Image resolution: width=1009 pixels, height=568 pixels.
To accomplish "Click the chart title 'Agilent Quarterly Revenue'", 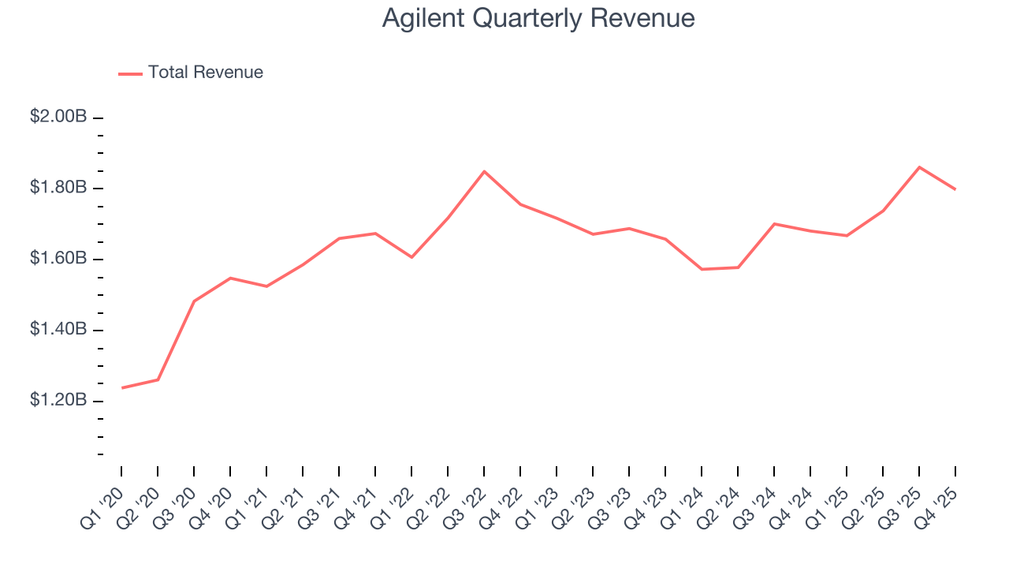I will (538, 18).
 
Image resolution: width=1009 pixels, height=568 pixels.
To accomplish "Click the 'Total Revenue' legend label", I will (205, 73).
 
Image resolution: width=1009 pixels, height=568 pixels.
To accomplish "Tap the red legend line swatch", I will (130, 73).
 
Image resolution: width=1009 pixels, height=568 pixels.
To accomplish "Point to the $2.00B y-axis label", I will (58, 117).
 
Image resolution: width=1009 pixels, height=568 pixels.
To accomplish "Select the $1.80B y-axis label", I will (58, 188).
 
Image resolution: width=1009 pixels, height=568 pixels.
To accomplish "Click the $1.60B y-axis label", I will (58, 259).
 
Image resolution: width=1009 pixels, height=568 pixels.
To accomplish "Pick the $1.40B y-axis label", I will (58, 329).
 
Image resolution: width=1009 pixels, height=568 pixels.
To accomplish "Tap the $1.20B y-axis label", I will (58, 400).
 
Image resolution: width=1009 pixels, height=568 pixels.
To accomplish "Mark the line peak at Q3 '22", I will (484, 171).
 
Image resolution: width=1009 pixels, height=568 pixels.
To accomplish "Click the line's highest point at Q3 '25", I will (919, 167).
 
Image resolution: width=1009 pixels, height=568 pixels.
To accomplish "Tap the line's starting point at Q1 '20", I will (122, 387).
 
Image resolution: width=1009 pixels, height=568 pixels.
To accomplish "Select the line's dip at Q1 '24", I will (702, 269).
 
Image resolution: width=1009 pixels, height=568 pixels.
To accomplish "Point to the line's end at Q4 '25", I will (955, 189).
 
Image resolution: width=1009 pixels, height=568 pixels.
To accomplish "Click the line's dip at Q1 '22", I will (411, 257).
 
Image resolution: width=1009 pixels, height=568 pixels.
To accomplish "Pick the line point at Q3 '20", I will (194, 301).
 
